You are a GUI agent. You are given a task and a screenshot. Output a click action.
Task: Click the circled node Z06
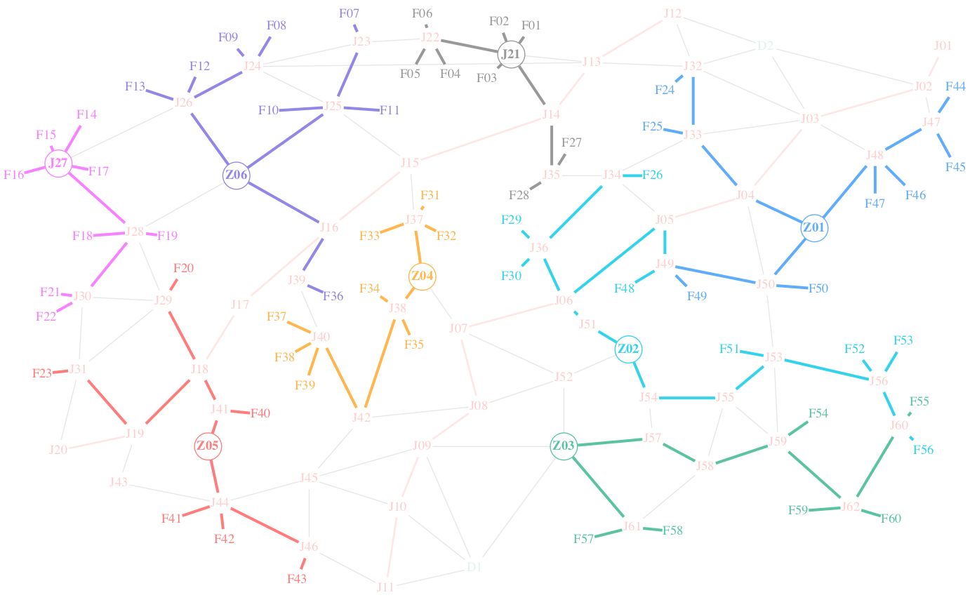pyautogui.click(x=237, y=175)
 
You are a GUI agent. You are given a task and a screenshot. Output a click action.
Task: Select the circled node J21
pyautogui.click(x=511, y=54)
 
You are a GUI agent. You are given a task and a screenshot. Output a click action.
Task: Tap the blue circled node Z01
pyautogui.click(x=814, y=228)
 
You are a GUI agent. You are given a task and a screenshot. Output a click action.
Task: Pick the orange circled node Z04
pyautogui.click(x=423, y=276)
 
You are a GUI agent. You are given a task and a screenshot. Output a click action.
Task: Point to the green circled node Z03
pyautogui.click(x=564, y=446)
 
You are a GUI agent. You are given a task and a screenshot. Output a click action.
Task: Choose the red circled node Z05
pyautogui.click(x=208, y=446)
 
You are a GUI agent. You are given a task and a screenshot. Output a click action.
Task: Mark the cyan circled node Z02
pyautogui.click(x=629, y=349)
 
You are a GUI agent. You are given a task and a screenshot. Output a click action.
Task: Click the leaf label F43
pyautogui.click(x=297, y=579)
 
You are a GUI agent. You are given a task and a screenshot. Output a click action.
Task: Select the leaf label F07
pyautogui.click(x=349, y=13)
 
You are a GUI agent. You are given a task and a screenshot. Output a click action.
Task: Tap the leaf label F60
pyautogui.click(x=891, y=519)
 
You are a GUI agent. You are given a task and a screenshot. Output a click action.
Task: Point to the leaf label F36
pyautogui.click(x=333, y=296)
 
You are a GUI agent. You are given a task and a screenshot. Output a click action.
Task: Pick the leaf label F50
pyautogui.click(x=818, y=288)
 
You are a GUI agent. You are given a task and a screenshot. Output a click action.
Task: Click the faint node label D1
pyautogui.click(x=474, y=567)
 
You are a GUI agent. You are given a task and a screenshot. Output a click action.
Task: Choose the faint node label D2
pyautogui.click(x=765, y=46)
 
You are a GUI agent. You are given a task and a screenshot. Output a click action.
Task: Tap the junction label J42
pyautogui.click(x=361, y=417)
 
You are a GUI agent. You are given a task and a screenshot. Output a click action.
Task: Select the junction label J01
pyautogui.click(x=943, y=46)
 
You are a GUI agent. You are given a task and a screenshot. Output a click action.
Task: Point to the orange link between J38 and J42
pyautogui.click(x=379, y=362)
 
